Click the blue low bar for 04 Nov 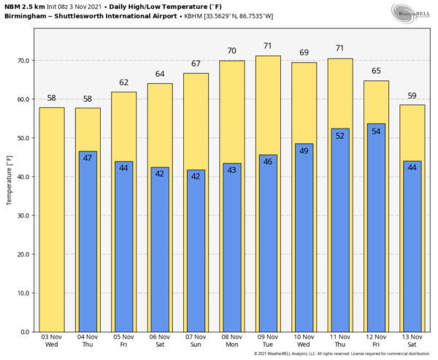[x=88, y=241]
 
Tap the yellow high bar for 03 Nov [x=52, y=219]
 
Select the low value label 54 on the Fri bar [x=377, y=131]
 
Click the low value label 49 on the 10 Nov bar [x=304, y=150]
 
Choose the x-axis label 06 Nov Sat [x=160, y=340]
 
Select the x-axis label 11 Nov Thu [x=340, y=340]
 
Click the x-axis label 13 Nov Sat [x=412, y=340]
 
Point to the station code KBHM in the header [x=191, y=15]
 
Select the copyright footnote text [x=343, y=354]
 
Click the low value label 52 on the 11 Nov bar [x=340, y=135]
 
